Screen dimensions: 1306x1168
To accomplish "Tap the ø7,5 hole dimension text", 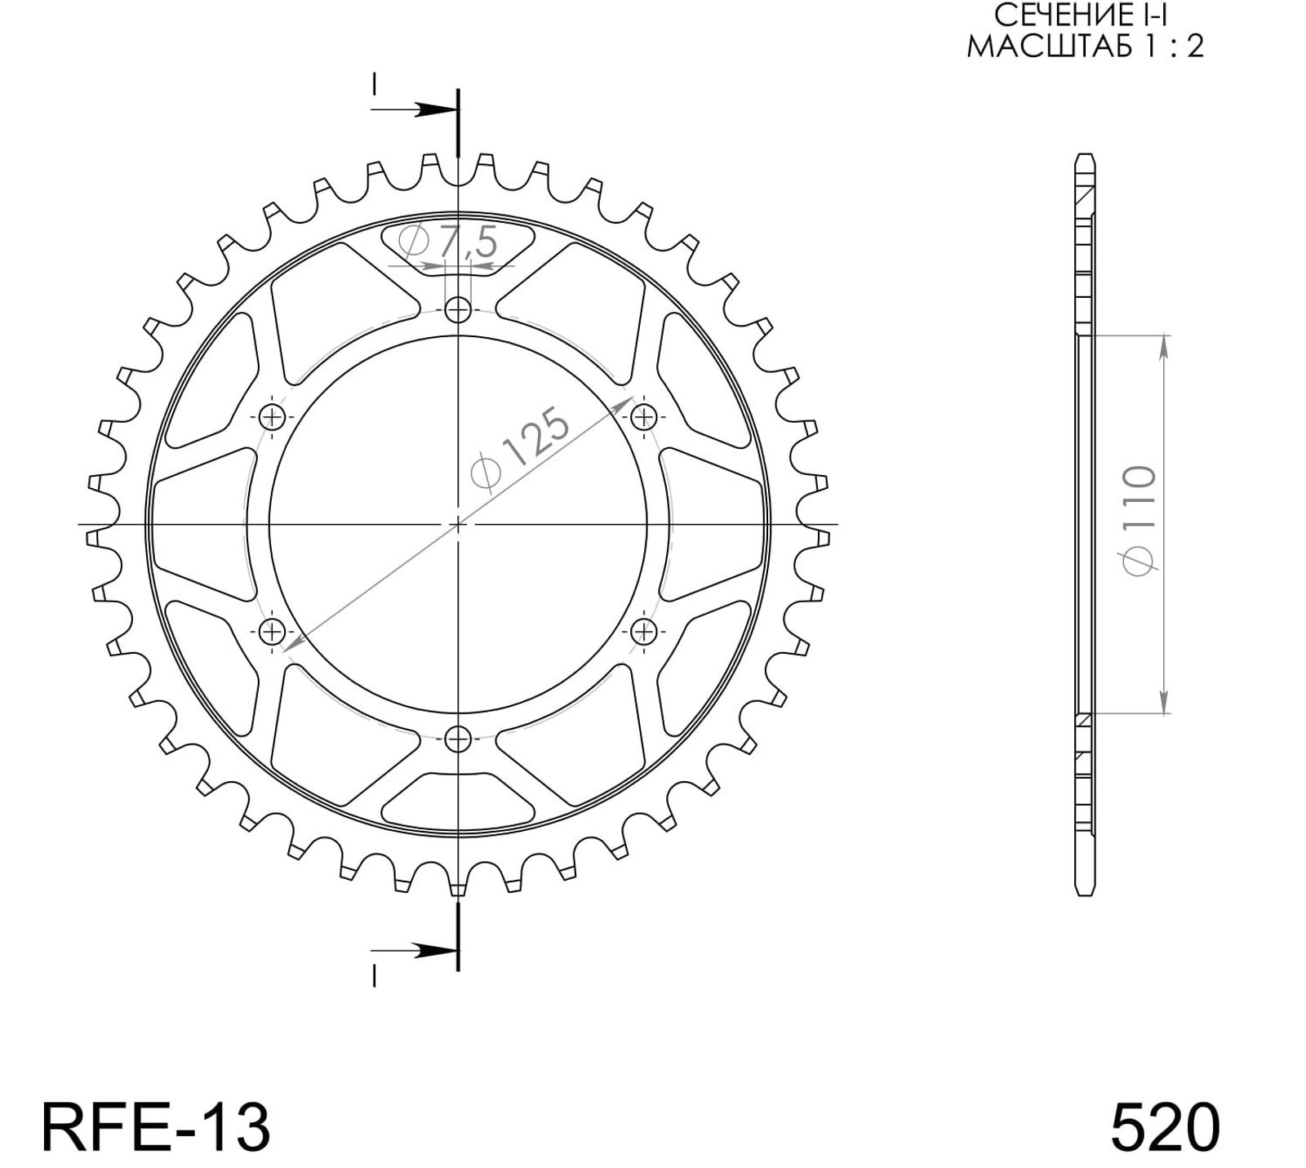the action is [448, 243].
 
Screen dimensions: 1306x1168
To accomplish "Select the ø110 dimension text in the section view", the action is [1139, 520].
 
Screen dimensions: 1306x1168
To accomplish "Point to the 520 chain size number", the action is [1166, 1127].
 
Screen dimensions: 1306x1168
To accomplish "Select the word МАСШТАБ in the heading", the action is [1048, 47].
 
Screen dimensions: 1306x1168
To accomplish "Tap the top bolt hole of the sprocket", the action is [459, 309].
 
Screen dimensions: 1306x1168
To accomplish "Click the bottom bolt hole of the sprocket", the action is [459, 739].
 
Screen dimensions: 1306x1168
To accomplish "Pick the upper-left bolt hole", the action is [272, 417].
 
